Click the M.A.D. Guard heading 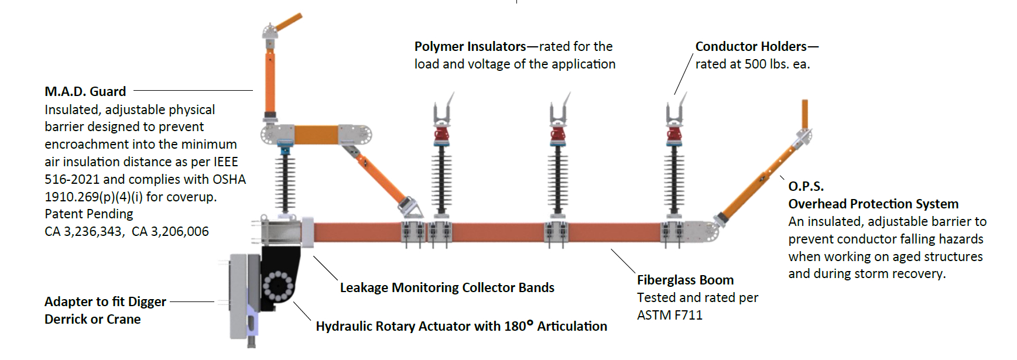point(85,91)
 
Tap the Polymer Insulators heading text point(470,46)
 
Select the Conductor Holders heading point(751,46)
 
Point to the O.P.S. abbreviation point(806,186)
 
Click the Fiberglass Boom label point(685,280)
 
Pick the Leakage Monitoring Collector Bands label point(447,287)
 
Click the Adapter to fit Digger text point(105,301)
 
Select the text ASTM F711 point(669,315)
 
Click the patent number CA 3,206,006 point(170,231)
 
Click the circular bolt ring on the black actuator point(278,285)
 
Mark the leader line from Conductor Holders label point(683,73)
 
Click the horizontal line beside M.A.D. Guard point(193,91)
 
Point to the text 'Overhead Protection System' point(873,204)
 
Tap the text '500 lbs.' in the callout point(769,64)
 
